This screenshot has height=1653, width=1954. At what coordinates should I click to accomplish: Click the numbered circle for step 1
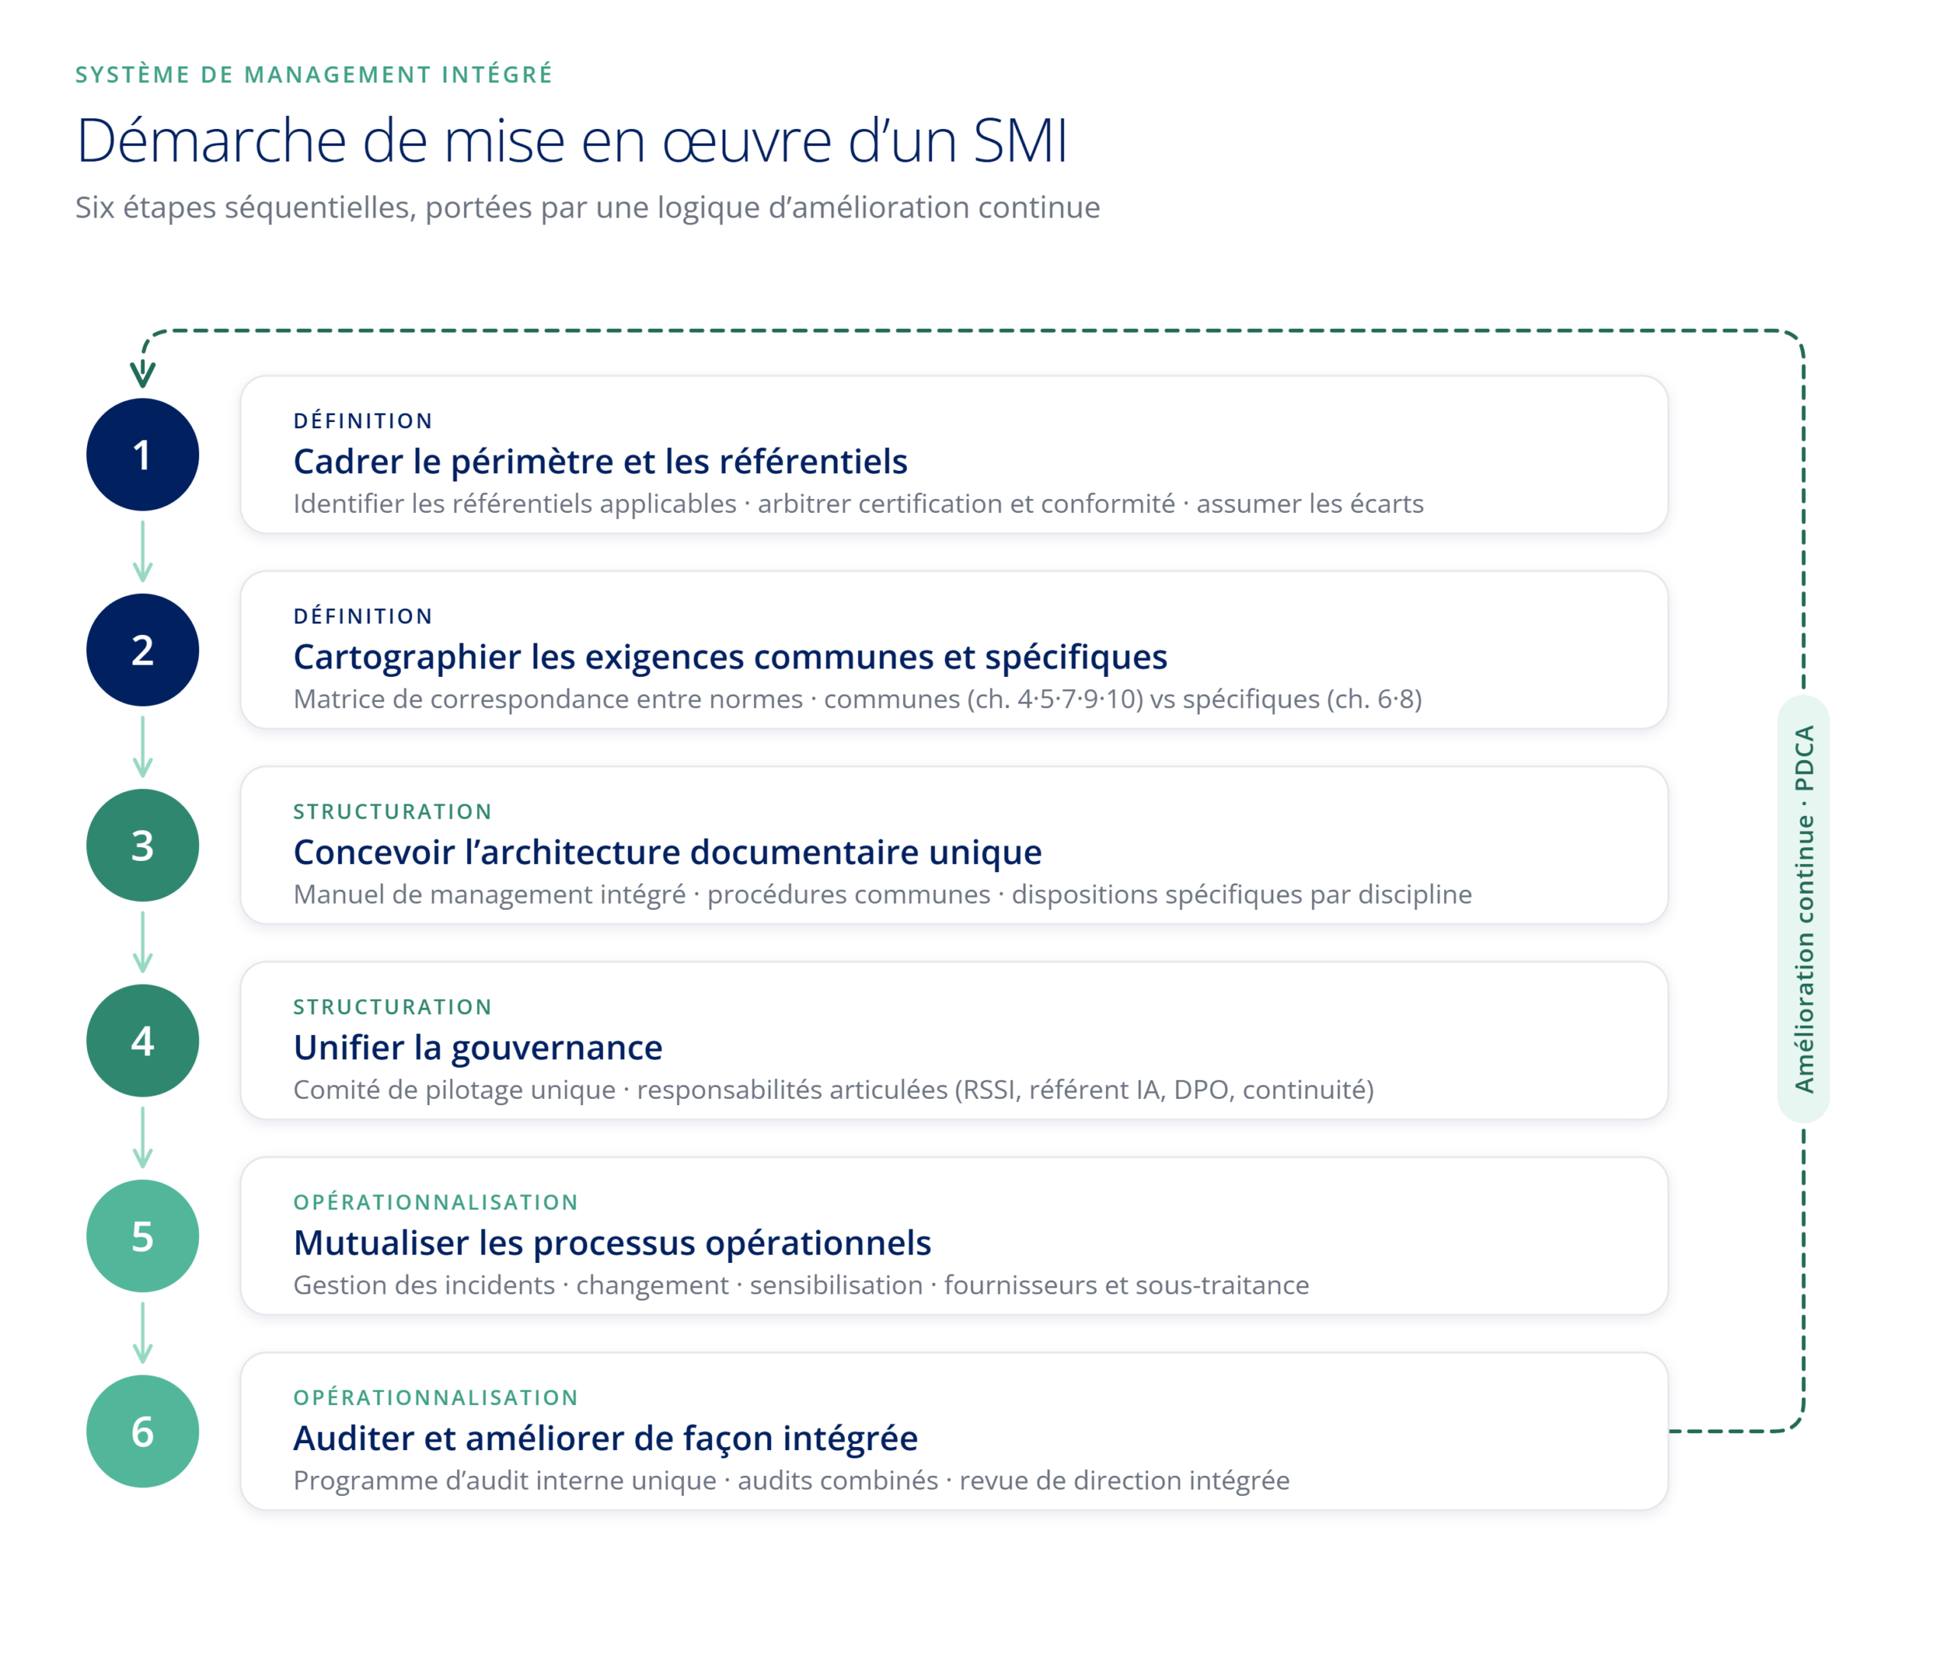tap(143, 455)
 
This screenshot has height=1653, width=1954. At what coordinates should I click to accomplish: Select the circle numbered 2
tap(143, 649)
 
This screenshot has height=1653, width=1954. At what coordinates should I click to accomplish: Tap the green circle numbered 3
tap(143, 846)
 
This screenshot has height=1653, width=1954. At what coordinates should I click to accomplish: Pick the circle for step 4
tap(143, 1040)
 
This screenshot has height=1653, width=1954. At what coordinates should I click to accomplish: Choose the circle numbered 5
tap(143, 1236)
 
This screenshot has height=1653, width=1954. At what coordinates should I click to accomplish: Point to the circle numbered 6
tap(143, 1431)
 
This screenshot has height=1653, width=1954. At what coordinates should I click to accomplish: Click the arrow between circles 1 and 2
tap(143, 552)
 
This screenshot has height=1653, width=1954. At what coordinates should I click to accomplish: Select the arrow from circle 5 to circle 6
tap(143, 1333)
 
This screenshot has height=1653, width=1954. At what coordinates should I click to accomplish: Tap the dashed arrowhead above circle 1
tap(143, 375)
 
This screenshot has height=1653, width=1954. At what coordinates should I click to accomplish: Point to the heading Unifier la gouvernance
tap(478, 1048)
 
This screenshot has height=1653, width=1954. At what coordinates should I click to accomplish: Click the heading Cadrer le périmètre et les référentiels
tap(601, 462)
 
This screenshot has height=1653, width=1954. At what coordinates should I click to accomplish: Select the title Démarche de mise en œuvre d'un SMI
tap(572, 141)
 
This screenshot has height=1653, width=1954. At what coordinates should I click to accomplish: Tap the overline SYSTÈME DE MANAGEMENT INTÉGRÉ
tap(314, 75)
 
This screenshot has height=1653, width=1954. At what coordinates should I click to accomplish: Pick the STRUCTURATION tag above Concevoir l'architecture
tap(392, 811)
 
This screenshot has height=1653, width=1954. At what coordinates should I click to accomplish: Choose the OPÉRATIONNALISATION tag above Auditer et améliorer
tap(436, 1398)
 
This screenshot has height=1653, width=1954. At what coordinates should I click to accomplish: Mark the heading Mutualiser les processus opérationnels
tap(612, 1243)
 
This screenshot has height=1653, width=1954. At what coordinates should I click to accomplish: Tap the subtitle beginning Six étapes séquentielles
tap(588, 207)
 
